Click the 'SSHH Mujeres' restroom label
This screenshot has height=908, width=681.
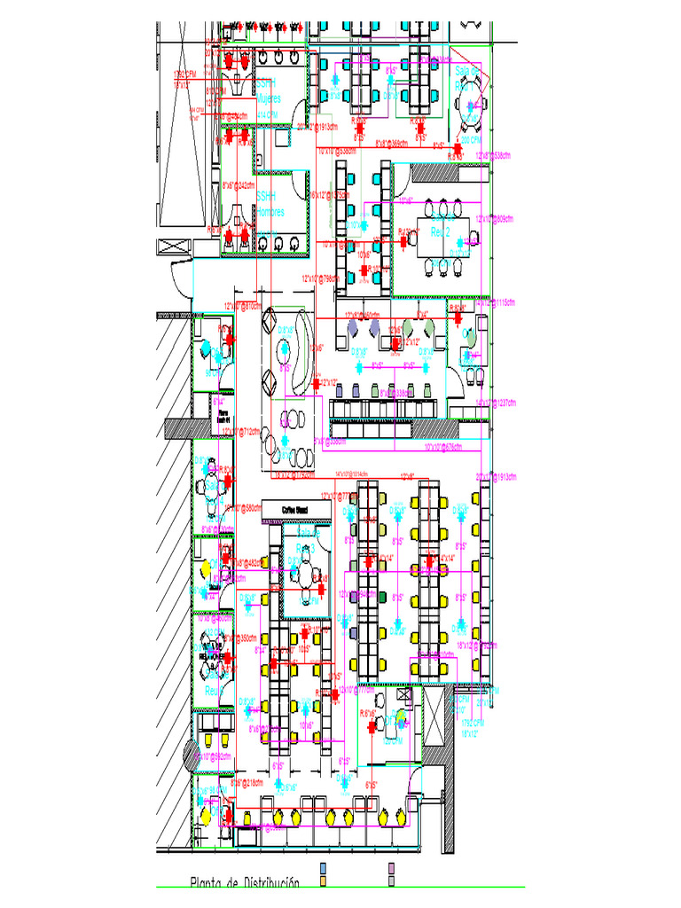pos(268,90)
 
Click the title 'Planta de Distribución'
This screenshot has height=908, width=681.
pos(244,883)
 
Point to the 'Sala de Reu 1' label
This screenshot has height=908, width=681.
pos(466,78)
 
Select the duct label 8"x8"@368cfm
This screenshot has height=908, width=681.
pos(391,142)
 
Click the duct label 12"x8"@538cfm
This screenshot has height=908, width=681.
pos(494,155)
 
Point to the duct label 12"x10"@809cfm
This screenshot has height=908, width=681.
pos(495,217)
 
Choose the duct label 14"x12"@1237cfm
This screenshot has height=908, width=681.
pos(495,403)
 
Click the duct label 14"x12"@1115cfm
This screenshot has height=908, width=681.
pos(495,303)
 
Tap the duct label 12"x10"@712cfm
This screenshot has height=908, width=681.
pos(241,432)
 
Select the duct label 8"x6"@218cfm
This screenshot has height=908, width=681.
pos(247,783)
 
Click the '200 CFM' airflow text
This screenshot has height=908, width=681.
pos(471,139)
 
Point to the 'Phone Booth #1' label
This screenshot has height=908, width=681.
pos(223,415)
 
